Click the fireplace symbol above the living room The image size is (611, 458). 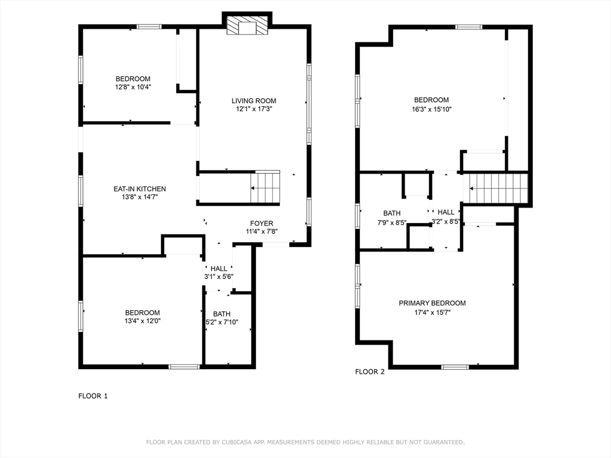247,25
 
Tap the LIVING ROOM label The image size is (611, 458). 254,101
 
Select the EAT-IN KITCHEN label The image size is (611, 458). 140,189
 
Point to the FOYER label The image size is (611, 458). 261,224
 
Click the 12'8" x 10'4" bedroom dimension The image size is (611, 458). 133,87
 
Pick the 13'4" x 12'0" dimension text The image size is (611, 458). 143,321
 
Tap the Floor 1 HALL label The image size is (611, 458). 218,269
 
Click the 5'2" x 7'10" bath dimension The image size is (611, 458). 222,322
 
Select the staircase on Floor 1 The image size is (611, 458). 265,188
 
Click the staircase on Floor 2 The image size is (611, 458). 498,188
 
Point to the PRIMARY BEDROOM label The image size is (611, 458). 432,303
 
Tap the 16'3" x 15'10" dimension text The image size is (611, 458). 431,110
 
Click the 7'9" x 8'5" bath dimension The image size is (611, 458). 391,223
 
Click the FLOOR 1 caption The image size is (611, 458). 92,396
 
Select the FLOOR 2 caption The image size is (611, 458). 370,372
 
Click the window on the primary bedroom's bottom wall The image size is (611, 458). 455,367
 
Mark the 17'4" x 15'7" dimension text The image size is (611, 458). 432,312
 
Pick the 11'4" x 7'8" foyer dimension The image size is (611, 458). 261,232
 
